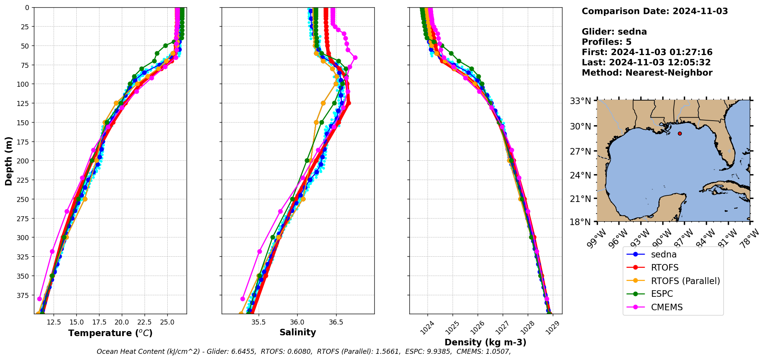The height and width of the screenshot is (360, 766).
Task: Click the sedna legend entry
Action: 663,254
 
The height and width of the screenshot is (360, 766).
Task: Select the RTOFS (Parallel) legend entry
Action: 685,281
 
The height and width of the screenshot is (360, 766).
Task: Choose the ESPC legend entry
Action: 662,294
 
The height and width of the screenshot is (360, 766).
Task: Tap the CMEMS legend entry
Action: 667,307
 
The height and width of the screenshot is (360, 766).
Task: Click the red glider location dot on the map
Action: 680,133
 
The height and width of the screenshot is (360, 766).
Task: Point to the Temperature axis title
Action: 110,333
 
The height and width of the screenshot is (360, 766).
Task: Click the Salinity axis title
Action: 298,333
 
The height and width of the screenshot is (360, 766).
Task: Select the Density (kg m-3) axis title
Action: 485,342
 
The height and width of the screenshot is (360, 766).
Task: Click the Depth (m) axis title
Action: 8,161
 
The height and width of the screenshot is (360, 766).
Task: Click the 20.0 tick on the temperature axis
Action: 122,322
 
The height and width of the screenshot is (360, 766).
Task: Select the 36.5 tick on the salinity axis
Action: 335,322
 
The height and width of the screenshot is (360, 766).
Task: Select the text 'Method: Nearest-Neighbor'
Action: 647,72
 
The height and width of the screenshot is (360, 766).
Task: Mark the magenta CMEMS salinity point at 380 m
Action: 242,299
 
